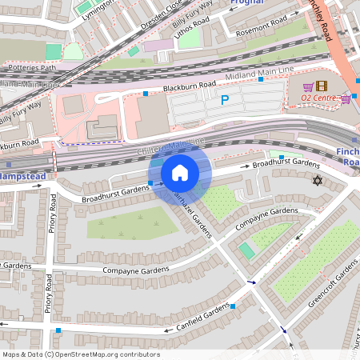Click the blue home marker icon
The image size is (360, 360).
(180, 173)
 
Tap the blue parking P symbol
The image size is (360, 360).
(224, 101)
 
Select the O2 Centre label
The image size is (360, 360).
(319, 98)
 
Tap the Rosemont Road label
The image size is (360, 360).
(262, 30)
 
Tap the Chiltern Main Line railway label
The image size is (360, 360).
(172, 146)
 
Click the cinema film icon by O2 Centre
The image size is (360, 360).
(321, 86)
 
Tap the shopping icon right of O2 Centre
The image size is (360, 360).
(346, 98)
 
